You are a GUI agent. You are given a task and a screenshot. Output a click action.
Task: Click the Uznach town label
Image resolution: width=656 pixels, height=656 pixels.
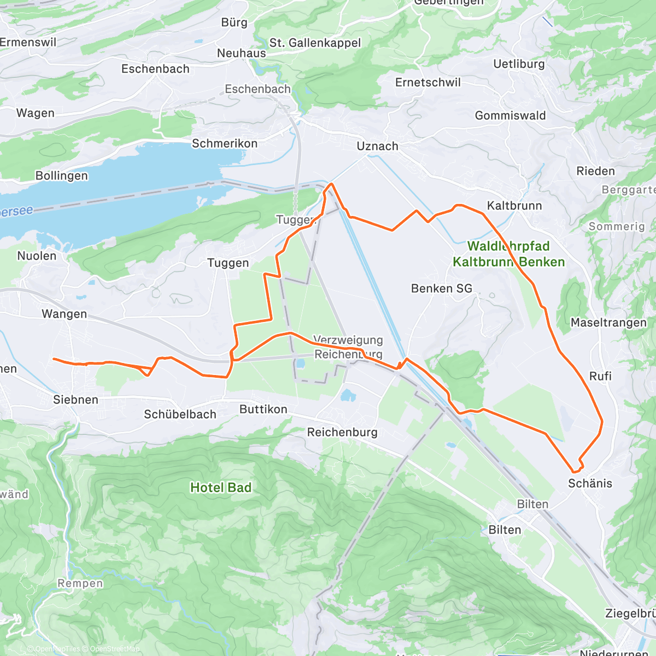pyautogui.click(x=377, y=147)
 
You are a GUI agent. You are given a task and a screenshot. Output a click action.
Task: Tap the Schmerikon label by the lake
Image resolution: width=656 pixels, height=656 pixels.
pyautogui.click(x=224, y=144)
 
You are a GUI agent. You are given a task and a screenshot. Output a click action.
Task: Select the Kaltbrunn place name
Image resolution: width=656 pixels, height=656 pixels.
pyautogui.click(x=514, y=206)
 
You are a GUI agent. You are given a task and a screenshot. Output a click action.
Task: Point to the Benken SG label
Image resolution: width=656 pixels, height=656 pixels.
pyautogui.click(x=441, y=289)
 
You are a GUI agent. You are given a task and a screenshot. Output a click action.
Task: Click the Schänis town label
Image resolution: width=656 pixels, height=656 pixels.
pyautogui.click(x=590, y=483)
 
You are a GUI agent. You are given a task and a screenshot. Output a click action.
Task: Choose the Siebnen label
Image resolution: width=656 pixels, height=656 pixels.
pyautogui.click(x=75, y=400)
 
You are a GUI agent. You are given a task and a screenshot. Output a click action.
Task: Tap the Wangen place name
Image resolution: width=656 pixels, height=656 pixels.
pyautogui.click(x=64, y=314)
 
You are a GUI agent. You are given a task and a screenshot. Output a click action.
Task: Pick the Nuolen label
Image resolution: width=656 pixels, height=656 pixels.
pyautogui.click(x=37, y=256)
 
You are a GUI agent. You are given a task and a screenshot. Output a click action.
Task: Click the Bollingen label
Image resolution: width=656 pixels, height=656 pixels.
pyautogui.click(x=61, y=176)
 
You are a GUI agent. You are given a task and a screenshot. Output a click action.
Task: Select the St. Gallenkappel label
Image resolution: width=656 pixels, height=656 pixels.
pyautogui.click(x=315, y=43)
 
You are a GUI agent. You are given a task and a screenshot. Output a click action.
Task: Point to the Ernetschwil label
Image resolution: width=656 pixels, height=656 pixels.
pyautogui.click(x=428, y=83)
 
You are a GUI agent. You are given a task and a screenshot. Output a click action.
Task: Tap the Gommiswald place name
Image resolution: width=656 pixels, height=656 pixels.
pyautogui.click(x=510, y=116)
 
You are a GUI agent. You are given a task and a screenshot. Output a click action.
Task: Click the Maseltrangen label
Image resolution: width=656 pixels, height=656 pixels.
pyautogui.click(x=608, y=323)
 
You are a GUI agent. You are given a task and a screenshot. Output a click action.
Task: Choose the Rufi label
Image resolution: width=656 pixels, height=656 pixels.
pyautogui.click(x=600, y=376)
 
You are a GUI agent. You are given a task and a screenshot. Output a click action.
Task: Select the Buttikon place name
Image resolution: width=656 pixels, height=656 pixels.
pyautogui.click(x=263, y=409)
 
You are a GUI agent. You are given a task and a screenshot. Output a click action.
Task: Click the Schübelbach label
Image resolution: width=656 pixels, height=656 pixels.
pyautogui.click(x=180, y=414)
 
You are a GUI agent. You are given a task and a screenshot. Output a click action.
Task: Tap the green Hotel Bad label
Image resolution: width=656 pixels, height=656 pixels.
pyautogui.click(x=221, y=488)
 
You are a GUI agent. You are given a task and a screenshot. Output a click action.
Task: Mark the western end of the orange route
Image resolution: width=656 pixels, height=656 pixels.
pyautogui.click(x=54, y=359)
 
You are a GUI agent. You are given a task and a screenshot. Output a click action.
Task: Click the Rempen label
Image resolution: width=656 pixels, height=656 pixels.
pyautogui.click(x=80, y=583)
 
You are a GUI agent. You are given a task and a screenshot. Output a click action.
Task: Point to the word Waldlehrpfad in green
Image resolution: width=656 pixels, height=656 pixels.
pyautogui.click(x=508, y=246)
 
